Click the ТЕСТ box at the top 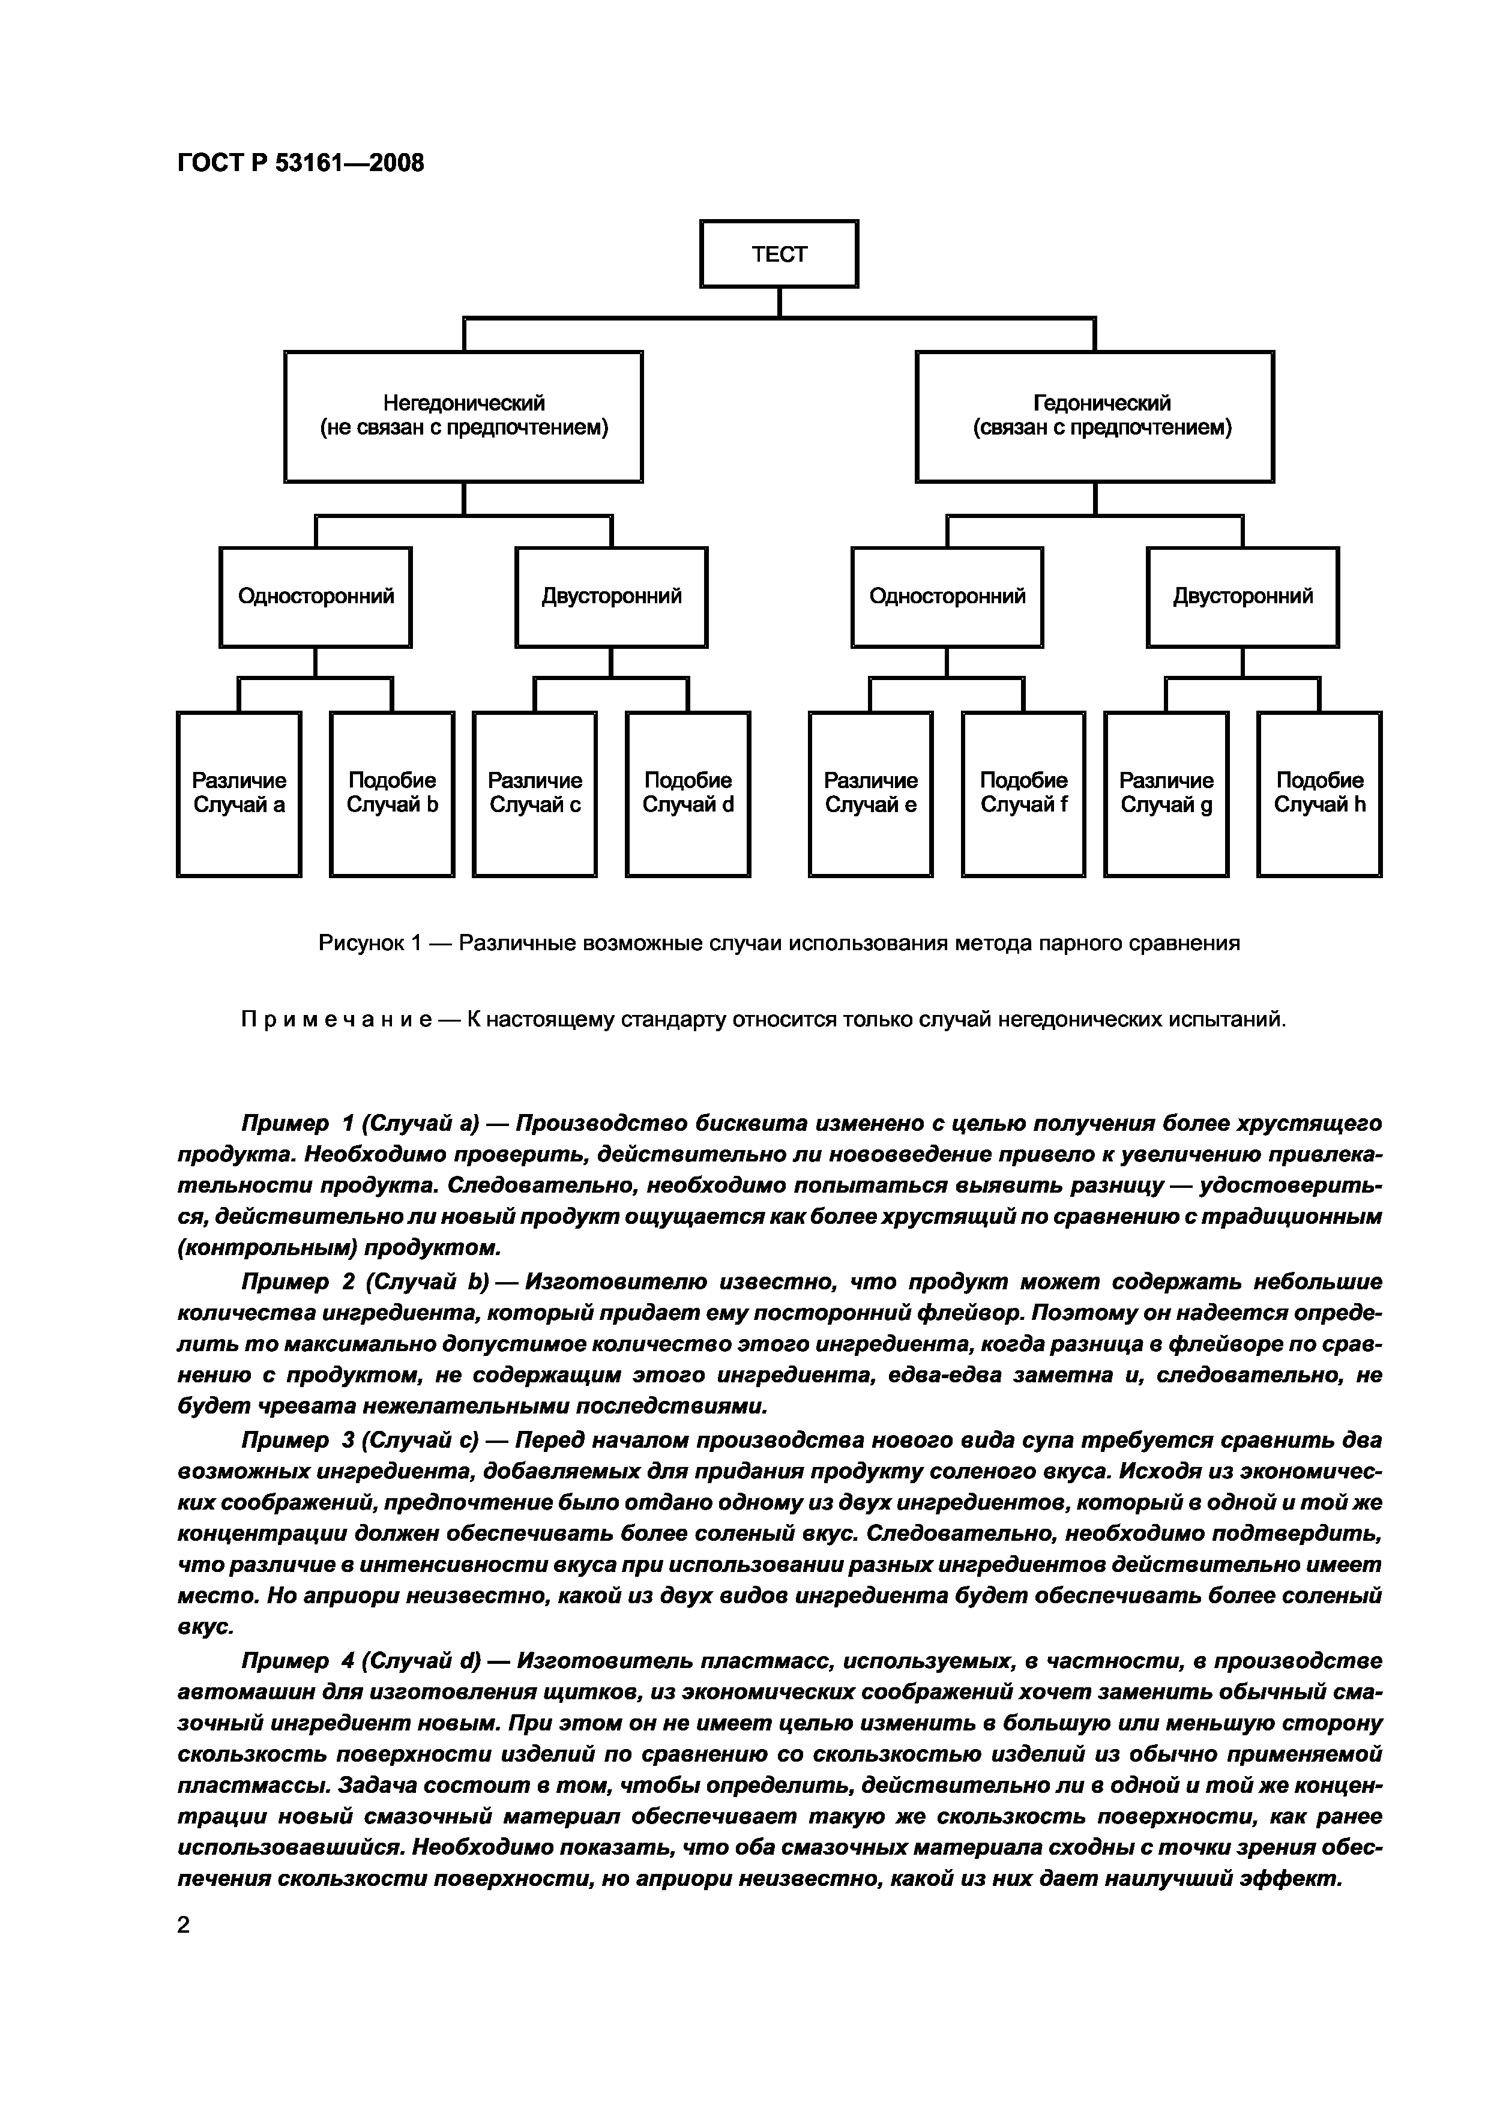(x=779, y=254)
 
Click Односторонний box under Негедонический (x=315, y=597)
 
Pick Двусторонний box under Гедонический (x=1243, y=597)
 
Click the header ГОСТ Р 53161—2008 (x=301, y=163)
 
